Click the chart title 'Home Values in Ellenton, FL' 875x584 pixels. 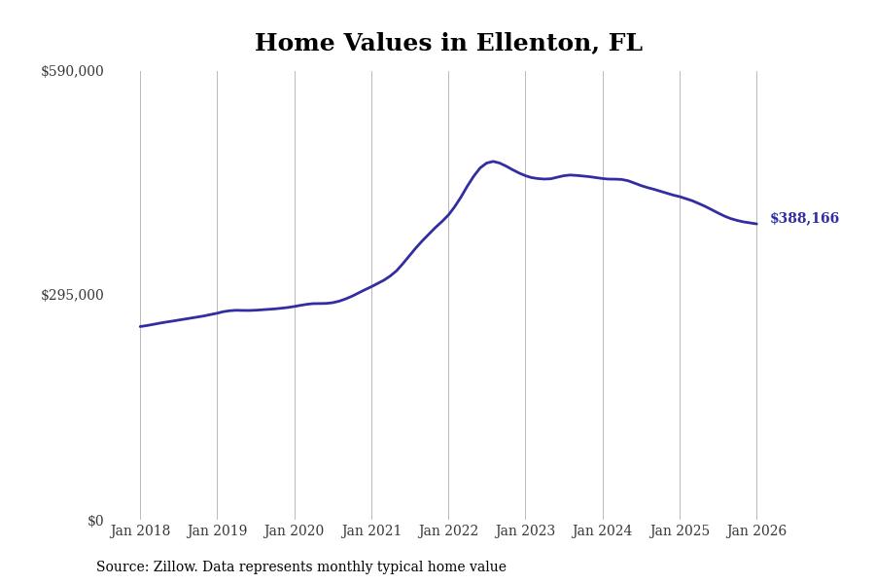click(448, 44)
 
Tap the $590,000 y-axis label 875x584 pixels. click(72, 71)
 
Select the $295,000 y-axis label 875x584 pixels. click(72, 295)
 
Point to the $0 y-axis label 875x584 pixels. click(95, 521)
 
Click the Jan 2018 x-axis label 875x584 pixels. click(140, 531)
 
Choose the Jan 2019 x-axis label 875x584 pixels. click(217, 531)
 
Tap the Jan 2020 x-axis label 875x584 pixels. click(294, 531)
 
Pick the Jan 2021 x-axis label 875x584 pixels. click(371, 531)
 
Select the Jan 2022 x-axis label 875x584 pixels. click(448, 531)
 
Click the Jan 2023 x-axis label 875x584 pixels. click(525, 531)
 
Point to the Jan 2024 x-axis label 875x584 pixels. click(602, 531)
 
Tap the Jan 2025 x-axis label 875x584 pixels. click(680, 531)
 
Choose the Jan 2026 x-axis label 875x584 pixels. click(756, 531)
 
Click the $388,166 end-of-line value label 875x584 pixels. click(804, 219)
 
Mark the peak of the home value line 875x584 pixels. click(493, 162)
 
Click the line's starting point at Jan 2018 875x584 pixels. click(140, 326)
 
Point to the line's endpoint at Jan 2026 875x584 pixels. click(756, 224)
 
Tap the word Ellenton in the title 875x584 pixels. click(529, 44)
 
